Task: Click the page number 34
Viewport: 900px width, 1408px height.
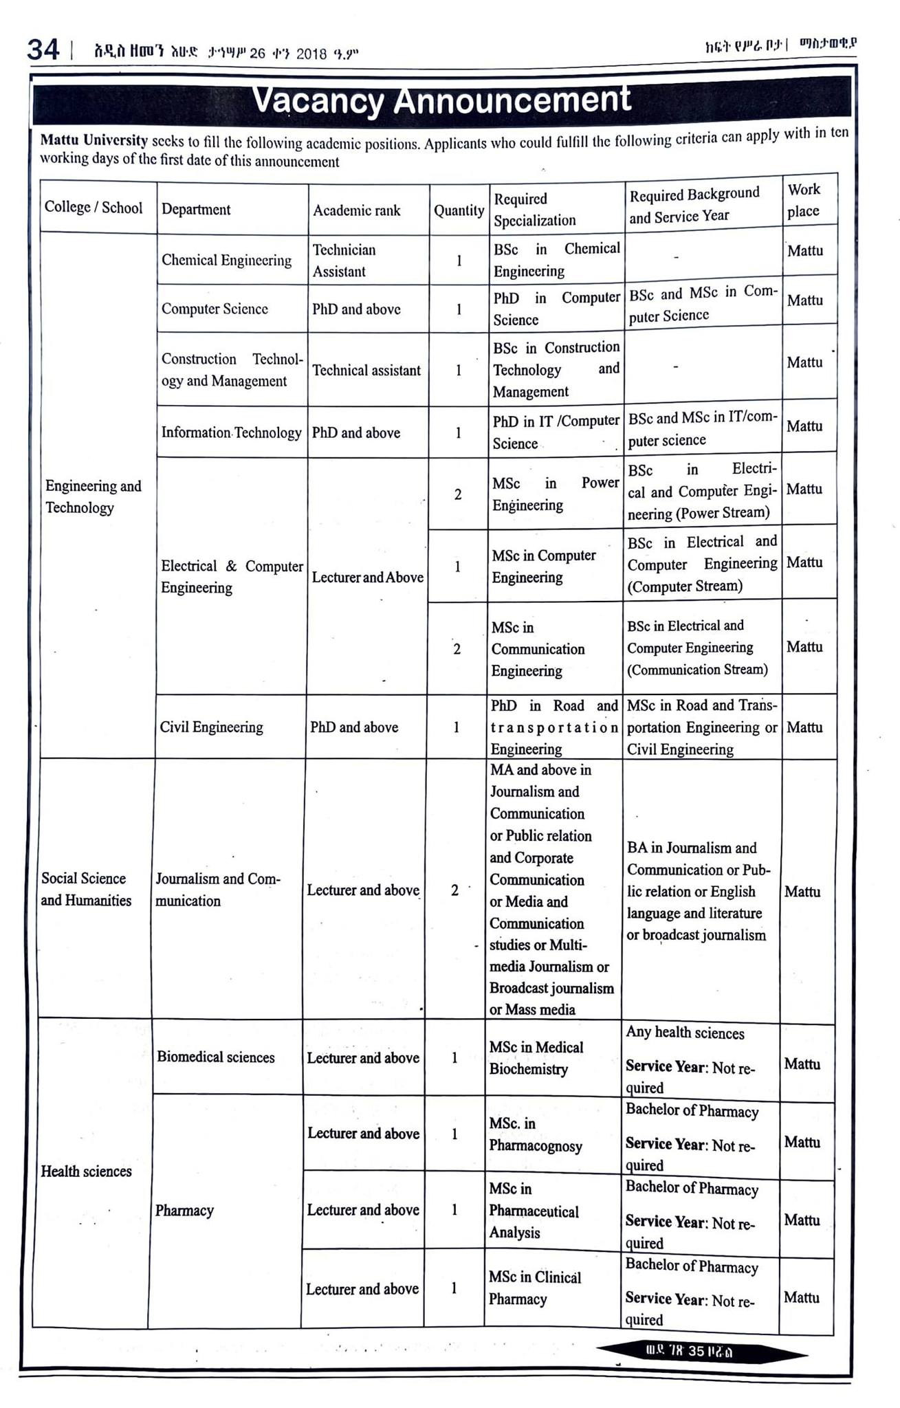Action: (x=43, y=50)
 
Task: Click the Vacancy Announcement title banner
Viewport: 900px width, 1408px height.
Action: (x=441, y=100)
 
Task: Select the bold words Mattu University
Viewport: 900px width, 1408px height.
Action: (x=94, y=141)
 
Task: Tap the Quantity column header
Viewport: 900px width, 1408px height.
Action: (x=459, y=210)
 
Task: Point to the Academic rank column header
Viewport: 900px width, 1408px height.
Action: (x=356, y=210)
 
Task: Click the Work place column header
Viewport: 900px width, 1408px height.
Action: (x=804, y=200)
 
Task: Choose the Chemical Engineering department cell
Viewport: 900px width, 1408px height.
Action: (x=226, y=260)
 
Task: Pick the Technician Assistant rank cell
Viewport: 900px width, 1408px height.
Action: (x=344, y=261)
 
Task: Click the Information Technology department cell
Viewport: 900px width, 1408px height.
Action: (x=231, y=432)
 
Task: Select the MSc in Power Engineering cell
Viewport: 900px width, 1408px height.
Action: (x=556, y=494)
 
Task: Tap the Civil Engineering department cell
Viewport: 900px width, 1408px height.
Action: (x=211, y=727)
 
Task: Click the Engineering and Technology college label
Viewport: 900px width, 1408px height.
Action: (x=93, y=496)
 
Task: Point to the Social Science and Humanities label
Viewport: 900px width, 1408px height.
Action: (x=86, y=889)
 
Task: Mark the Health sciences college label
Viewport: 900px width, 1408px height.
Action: (x=86, y=1171)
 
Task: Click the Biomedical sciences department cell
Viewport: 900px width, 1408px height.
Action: (x=215, y=1057)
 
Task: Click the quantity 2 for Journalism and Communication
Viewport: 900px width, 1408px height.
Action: (x=454, y=890)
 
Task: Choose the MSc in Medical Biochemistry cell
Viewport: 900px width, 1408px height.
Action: (x=536, y=1058)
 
